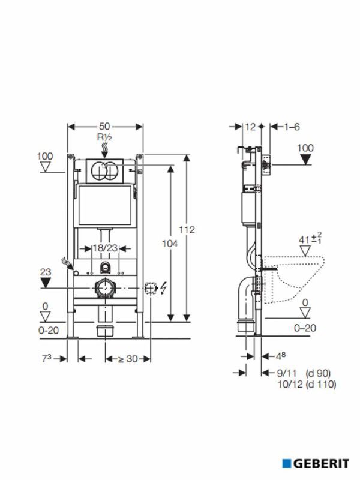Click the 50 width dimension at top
[105, 127]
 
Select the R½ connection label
[105, 137]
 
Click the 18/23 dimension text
[105, 248]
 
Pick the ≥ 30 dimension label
[127, 359]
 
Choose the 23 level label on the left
[45, 271]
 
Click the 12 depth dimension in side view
[251, 127]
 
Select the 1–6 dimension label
[292, 127]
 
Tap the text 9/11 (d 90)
[304, 373]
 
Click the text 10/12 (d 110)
[304, 385]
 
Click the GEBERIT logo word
[321, 464]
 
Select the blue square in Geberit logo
[287, 464]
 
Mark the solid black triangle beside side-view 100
[305, 160]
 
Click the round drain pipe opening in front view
[105, 288]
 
